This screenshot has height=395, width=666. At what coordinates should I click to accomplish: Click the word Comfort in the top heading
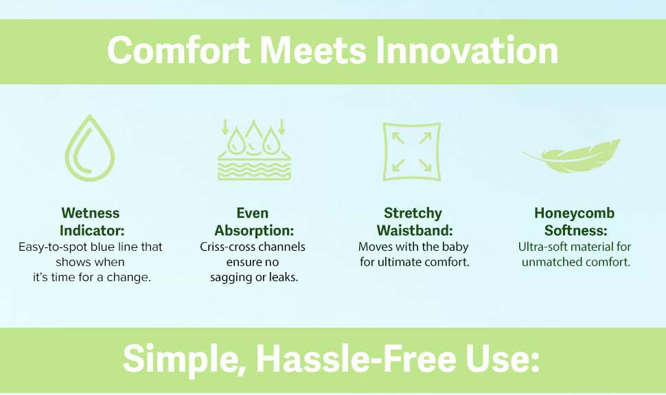tap(179, 51)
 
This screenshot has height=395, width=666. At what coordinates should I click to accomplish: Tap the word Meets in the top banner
tap(312, 51)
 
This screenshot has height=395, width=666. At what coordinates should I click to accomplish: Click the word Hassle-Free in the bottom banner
tap(356, 359)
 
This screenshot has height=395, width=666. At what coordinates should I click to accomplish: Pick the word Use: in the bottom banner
tap(503, 359)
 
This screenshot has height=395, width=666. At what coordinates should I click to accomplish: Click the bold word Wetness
tap(91, 212)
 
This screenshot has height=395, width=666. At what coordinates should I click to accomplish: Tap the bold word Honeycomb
tap(574, 212)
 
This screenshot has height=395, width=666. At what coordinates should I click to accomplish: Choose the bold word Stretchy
tap(413, 213)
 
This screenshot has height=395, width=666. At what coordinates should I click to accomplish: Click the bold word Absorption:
tap(254, 231)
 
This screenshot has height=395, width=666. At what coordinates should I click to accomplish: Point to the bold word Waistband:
tap(415, 230)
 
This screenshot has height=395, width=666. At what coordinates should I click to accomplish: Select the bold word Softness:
tap(575, 230)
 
